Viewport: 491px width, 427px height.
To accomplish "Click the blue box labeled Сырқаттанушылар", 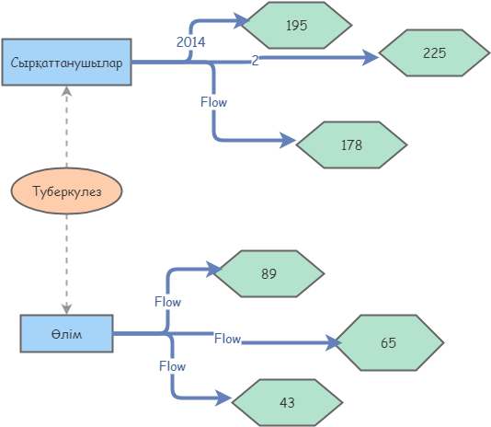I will pos(67,63).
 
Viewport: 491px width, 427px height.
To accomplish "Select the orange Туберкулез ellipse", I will pos(67,191).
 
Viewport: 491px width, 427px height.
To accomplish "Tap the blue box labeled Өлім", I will pos(66,333).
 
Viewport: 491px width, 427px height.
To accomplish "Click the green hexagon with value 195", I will pos(296,26).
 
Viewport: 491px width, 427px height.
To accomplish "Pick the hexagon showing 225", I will pos(434,53).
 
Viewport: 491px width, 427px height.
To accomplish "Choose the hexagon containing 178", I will pos(351,144).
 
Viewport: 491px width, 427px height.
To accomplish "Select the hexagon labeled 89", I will pos(268,273).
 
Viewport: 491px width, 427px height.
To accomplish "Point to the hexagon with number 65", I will pos(388,342).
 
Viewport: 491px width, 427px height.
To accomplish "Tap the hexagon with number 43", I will pos(287,403).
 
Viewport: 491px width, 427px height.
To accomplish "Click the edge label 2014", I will pos(190,41).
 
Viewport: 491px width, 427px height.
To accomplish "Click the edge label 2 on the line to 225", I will pos(255,61).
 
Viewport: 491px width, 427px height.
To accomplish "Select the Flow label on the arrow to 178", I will pos(213,102).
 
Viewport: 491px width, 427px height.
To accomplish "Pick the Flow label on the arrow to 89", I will pos(167,301).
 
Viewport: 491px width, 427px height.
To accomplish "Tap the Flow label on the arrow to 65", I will pos(227,339).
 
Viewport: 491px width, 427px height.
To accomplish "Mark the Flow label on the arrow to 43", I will pos(172,365).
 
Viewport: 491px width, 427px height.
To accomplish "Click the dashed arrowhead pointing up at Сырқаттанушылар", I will pos(66,91).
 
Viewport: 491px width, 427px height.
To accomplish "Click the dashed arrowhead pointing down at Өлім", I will pos(66,308).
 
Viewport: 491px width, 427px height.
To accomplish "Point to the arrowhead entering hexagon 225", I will pos(371,58).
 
